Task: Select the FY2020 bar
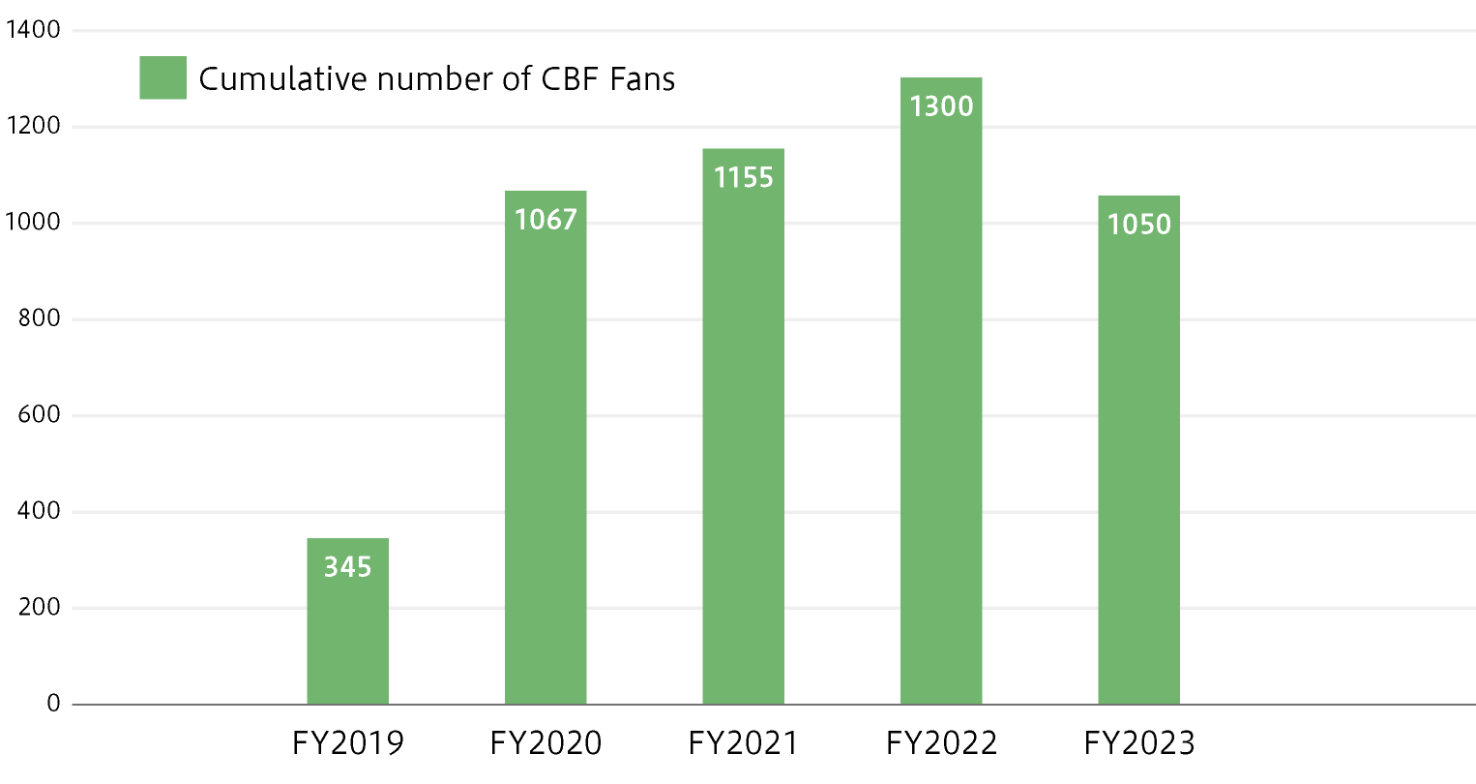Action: (546, 465)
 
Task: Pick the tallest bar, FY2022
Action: (941, 407)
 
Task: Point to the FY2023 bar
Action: (1138, 465)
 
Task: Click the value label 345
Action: (347, 566)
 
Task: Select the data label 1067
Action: (546, 220)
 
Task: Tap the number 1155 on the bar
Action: (743, 177)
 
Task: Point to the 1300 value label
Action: (941, 106)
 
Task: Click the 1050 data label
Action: (1138, 225)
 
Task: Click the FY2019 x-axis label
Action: (347, 743)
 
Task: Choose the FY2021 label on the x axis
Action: (743, 743)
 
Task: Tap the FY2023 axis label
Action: (1138, 743)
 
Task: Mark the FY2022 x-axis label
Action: (941, 743)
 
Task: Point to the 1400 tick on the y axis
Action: (33, 30)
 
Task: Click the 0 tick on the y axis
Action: (53, 704)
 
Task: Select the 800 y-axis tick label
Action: (39, 318)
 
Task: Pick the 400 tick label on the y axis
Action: (39, 511)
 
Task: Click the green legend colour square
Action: (162, 77)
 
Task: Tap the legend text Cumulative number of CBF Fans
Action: (436, 78)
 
